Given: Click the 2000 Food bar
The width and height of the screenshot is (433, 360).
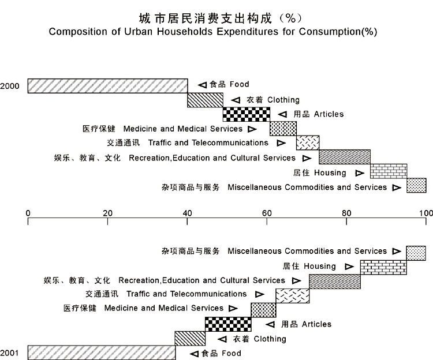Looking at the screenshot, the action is (x=108, y=86).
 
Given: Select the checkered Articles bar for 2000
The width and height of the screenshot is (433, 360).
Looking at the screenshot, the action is (x=247, y=114).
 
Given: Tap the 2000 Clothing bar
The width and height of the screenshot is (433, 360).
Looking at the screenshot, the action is (x=205, y=100).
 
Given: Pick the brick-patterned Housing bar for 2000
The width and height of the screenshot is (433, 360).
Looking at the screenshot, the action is (x=389, y=171).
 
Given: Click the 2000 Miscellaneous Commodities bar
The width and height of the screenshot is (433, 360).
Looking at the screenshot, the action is (x=416, y=185).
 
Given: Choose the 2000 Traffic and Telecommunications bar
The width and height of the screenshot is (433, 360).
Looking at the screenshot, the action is (x=308, y=142).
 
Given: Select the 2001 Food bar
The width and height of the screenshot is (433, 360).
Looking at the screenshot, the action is (x=102, y=352).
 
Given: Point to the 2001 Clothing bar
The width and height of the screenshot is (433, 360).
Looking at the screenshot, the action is (x=190, y=338).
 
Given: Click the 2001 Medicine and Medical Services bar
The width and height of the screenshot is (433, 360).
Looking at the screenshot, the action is (x=263, y=310).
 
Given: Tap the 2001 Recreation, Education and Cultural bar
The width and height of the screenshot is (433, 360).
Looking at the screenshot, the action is (x=335, y=282).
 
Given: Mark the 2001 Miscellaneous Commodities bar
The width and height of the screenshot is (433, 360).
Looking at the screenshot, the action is (x=416, y=253).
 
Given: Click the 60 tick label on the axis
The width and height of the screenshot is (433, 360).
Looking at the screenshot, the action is (x=267, y=213).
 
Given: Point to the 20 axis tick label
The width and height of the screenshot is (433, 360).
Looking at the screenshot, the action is (x=108, y=213).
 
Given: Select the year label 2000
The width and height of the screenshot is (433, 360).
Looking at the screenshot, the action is (x=10, y=86).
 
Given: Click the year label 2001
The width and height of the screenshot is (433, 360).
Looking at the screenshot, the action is (x=9, y=353).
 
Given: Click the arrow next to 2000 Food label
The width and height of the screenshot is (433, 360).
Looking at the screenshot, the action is (x=202, y=85).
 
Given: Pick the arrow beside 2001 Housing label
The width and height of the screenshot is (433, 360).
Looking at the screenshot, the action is (x=349, y=267).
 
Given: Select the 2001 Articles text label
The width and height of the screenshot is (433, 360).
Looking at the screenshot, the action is (x=306, y=324).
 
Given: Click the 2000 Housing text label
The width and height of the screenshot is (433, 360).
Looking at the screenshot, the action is (x=319, y=172).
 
